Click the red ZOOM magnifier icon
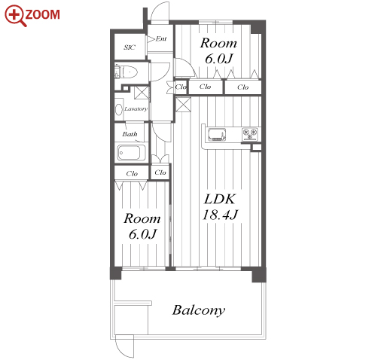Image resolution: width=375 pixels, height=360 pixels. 16,16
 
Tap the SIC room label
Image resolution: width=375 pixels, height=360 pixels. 130,47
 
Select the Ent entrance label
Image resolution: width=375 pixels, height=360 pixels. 161,38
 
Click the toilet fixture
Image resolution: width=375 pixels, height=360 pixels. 126,72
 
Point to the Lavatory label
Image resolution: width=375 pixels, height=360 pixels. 136,109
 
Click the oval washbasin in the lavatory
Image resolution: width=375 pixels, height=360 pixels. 118,110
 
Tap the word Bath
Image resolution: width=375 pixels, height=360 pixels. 130,134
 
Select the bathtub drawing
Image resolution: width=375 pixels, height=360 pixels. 132,153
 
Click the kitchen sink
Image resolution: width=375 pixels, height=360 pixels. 217,134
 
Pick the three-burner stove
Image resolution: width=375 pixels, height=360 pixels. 250,134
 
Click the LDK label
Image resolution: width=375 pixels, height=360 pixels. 220,199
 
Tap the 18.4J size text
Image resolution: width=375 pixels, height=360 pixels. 220,215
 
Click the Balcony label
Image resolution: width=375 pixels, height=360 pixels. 198,310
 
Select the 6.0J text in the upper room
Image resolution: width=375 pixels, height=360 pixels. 219,59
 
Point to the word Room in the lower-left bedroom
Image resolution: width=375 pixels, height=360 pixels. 142,218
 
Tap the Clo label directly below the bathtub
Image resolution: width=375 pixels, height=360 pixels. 132,173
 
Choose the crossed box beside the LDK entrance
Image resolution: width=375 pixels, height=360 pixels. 183,105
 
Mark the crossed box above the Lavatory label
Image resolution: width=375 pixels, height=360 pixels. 142,93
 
